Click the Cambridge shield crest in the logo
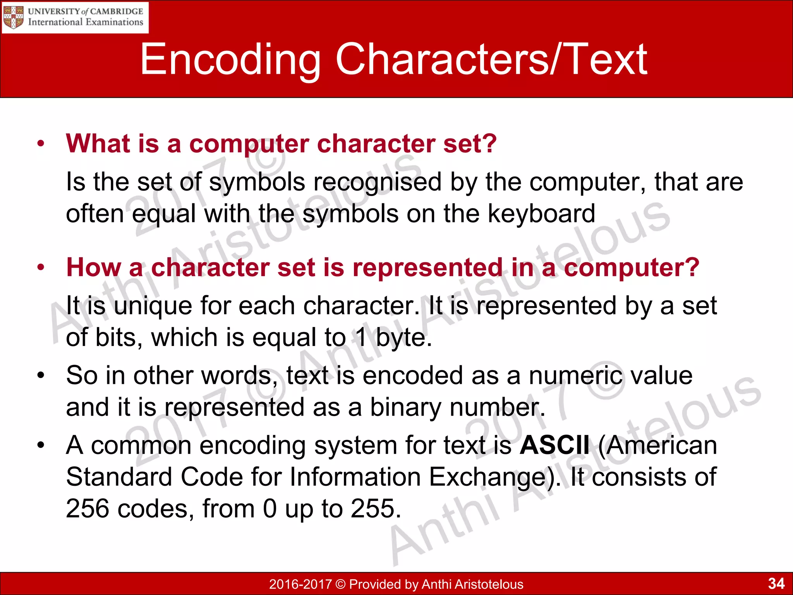(13, 17)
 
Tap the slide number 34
(776, 583)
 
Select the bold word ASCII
(554, 445)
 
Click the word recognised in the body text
(377, 182)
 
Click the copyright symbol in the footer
(340, 584)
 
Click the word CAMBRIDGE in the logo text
(117, 11)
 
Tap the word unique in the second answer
(153, 306)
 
